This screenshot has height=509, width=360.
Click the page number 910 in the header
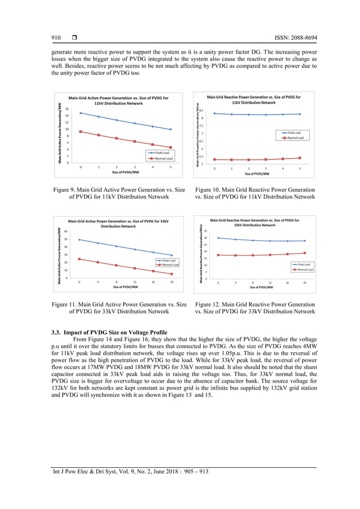[56, 38]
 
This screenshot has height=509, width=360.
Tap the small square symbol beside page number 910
[74, 38]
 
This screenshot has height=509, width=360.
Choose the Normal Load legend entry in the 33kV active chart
[167, 265]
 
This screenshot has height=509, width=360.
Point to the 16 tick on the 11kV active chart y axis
[67, 109]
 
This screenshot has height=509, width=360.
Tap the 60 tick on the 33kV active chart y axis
[66, 231]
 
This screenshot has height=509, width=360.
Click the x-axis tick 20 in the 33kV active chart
[172, 282]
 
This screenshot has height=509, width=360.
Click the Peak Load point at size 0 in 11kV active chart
[80, 113]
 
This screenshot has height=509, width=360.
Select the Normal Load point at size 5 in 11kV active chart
[170, 147]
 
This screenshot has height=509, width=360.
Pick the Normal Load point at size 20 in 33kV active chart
[172, 274]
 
